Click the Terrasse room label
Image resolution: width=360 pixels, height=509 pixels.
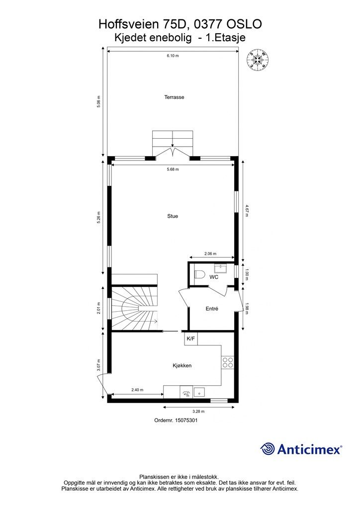(174, 97)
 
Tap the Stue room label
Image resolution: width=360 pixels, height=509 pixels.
(173, 216)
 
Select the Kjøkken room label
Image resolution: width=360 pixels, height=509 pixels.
(182, 365)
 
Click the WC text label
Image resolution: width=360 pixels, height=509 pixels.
(213, 277)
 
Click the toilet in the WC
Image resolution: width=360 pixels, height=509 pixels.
(199, 274)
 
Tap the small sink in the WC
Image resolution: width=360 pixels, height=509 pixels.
(221, 269)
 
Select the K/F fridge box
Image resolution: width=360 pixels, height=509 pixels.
(191, 339)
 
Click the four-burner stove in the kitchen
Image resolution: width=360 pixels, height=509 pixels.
(228, 362)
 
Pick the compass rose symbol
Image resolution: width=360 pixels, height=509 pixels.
(259, 60)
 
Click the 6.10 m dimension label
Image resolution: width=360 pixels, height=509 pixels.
(173, 56)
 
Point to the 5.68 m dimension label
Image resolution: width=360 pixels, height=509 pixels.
(173, 170)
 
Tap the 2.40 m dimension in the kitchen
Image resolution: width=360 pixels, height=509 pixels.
(137, 390)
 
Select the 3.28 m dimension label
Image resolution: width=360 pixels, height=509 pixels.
(199, 412)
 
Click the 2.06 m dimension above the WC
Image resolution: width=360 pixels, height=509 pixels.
(211, 254)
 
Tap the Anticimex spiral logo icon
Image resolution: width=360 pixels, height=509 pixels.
(268, 449)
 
